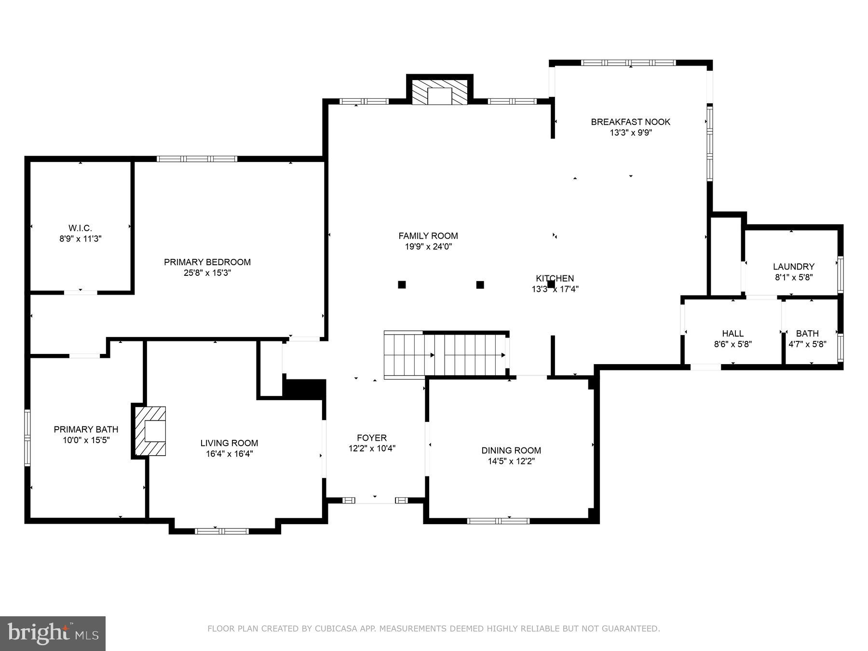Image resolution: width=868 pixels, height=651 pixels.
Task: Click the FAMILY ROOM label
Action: click(x=428, y=236)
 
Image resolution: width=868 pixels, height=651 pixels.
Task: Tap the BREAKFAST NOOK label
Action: click(x=631, y=122)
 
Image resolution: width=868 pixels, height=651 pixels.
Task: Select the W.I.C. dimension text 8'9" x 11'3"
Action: click(x=81, y=239)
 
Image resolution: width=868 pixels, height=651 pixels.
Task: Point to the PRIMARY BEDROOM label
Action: click(x=207, y=262)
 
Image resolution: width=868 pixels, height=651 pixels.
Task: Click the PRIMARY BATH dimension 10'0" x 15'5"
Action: click(x=86, y=440)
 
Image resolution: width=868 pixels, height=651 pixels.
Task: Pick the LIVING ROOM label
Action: click(x=230, y=443)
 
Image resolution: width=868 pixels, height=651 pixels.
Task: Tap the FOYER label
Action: click(x=372, y=438)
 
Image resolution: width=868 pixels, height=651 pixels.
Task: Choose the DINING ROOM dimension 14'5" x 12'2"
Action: click(x=511, y=461)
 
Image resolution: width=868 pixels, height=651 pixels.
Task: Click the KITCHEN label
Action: click(x=555, y=278)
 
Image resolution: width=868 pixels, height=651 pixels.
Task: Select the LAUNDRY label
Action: click(x=794, y=267)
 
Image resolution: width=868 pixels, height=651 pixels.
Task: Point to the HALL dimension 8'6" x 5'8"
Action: click(x=733, y=344)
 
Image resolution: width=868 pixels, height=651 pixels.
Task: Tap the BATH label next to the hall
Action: click(x=807, y=333)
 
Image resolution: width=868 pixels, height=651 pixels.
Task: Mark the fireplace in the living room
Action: click(x=150, y=431)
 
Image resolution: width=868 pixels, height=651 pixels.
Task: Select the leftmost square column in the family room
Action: click(x=402, y=285)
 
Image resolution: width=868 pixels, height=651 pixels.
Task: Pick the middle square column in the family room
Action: click(x=480, y=285)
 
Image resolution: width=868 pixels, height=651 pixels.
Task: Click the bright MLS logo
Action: click(x=53, y=633)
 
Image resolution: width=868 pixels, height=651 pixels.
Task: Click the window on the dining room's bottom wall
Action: click(x=498, y=521)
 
